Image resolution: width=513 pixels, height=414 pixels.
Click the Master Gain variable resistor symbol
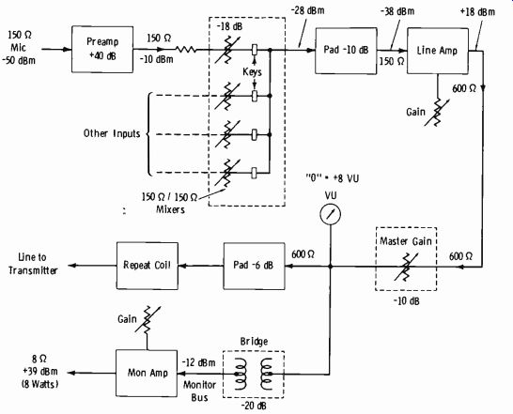406,267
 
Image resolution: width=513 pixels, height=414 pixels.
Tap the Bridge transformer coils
254,374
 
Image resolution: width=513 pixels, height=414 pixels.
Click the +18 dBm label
477,12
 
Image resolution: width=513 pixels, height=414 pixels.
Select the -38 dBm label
397,11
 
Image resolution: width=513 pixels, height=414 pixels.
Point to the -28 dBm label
307,10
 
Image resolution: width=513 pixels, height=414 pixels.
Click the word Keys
252,71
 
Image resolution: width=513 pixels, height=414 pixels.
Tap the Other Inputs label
112,133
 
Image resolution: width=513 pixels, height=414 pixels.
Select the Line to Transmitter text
33,264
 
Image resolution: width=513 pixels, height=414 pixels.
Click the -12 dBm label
198,363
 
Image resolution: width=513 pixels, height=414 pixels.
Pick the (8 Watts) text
39,384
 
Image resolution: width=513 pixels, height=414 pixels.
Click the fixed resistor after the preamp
186,50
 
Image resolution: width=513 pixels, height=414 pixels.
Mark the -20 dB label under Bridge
254,406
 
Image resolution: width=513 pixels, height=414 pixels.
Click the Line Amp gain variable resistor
437,112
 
